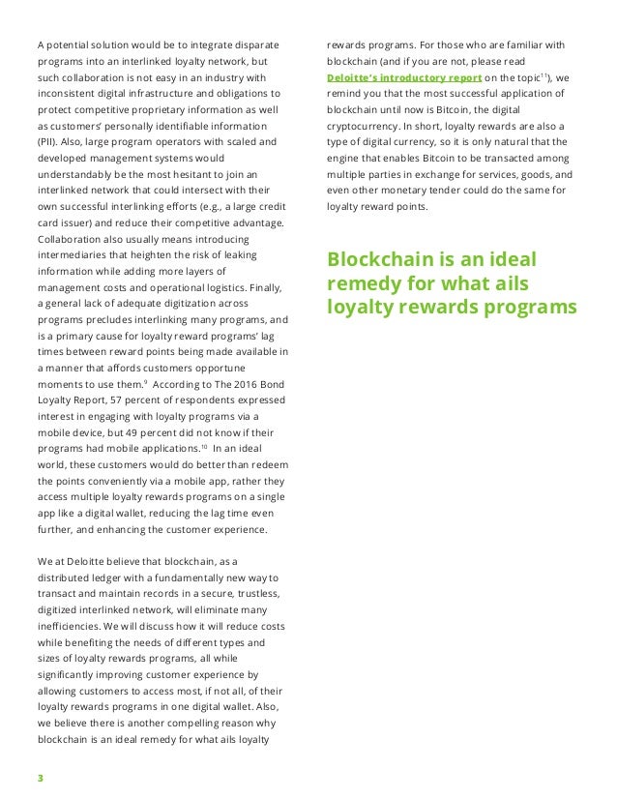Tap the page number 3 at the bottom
[40, 777]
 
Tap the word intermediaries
[73, 254]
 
